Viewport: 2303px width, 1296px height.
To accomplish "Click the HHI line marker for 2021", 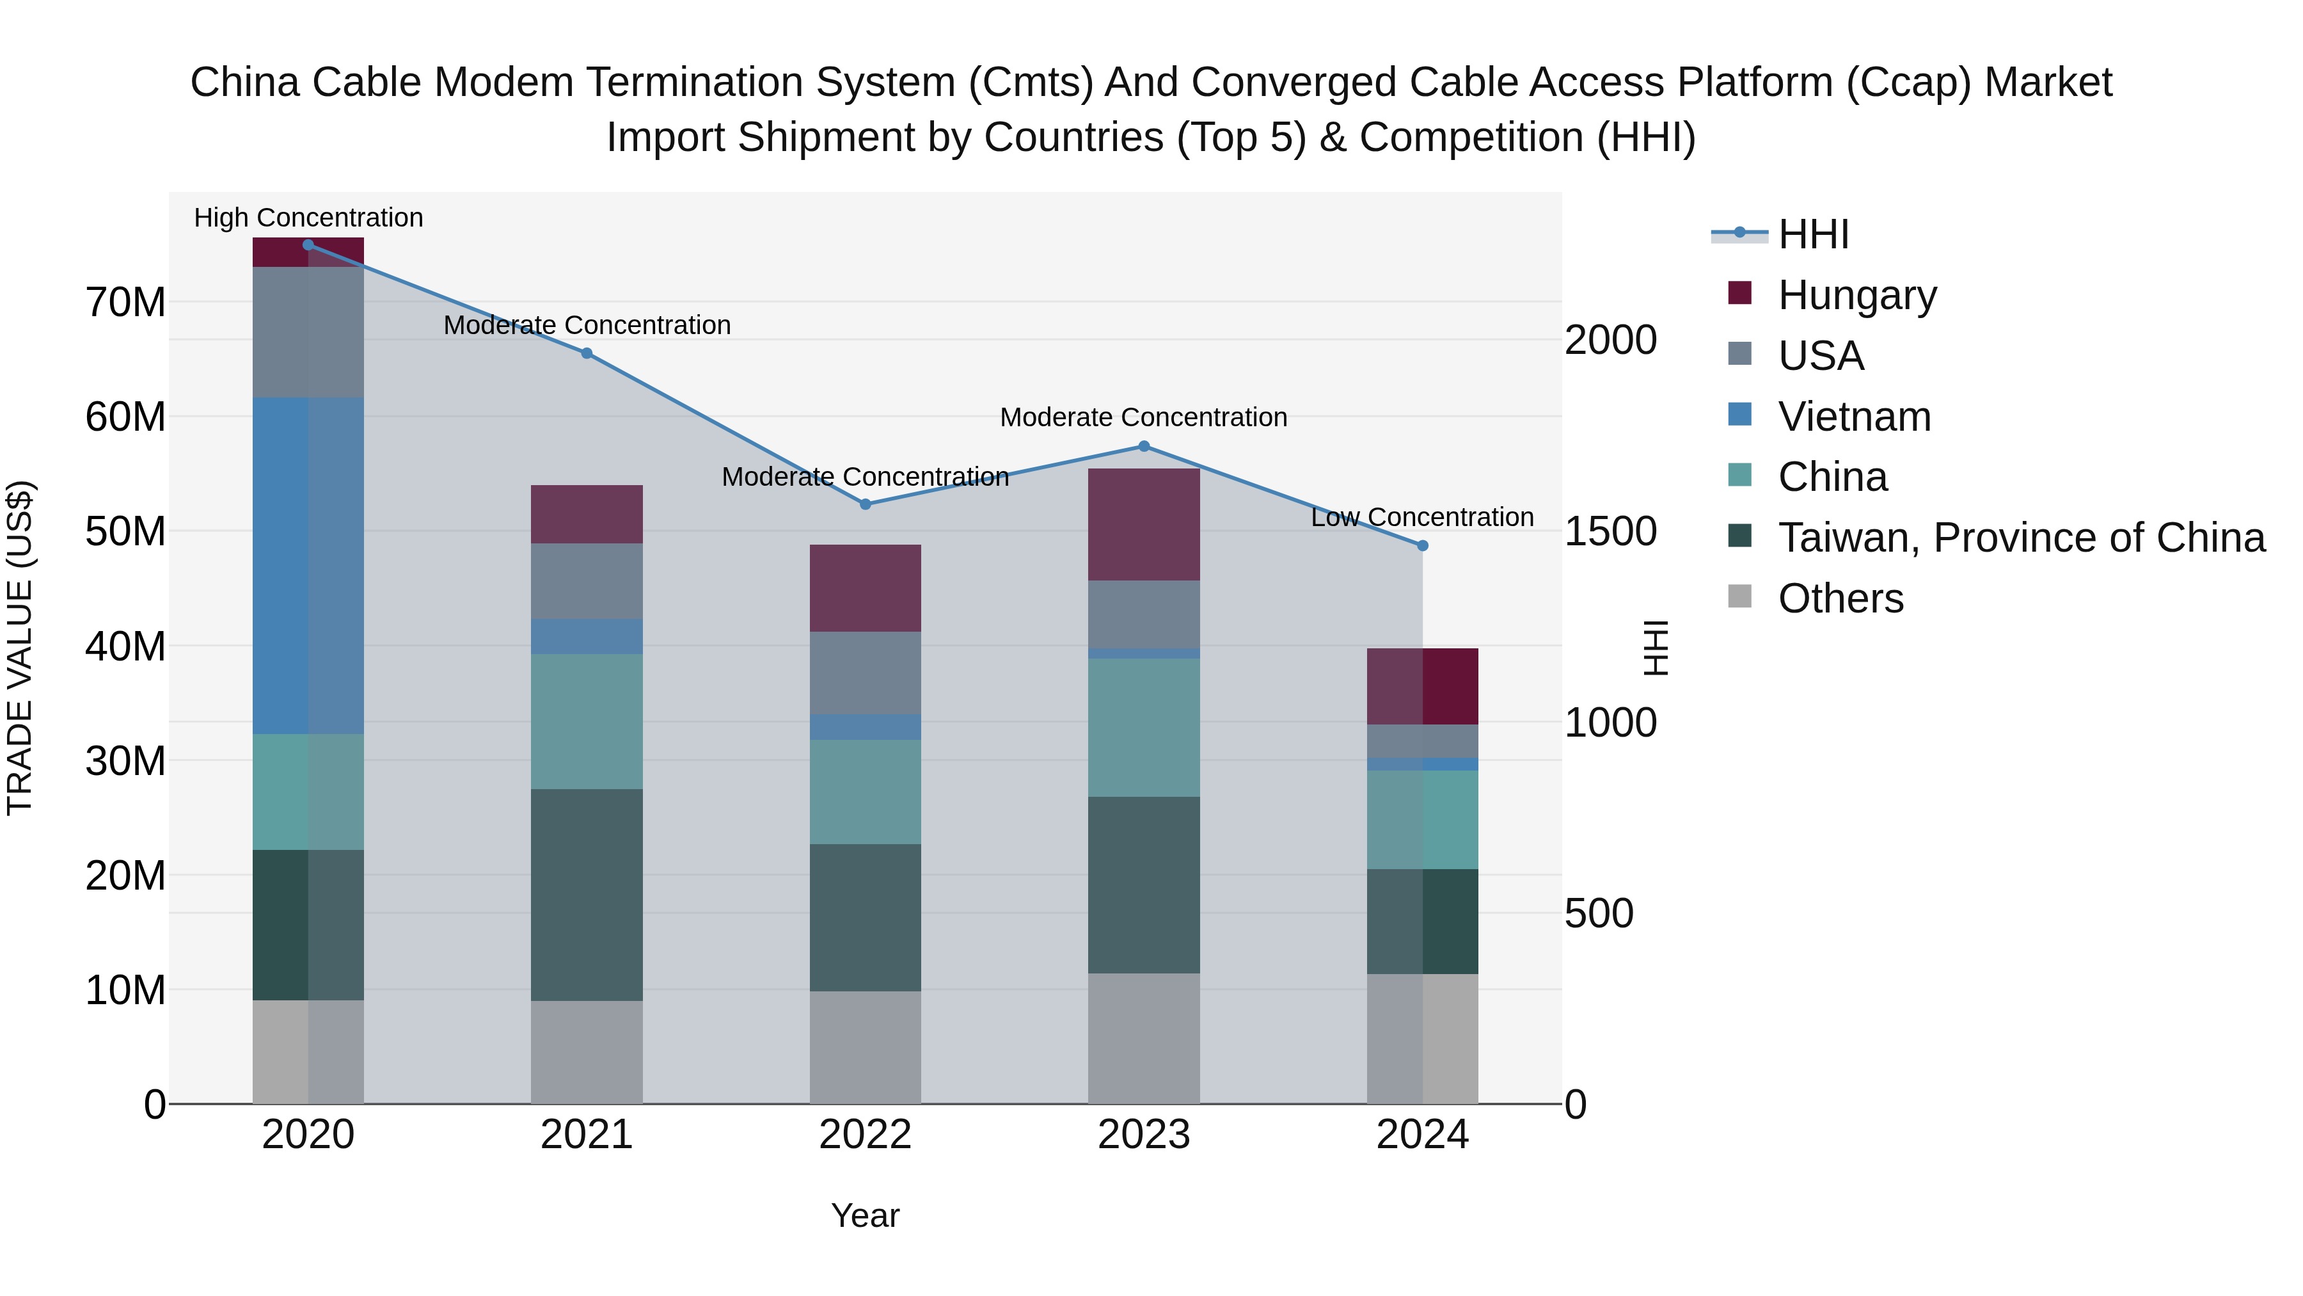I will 587,353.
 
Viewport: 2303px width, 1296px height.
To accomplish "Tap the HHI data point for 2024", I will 1422,545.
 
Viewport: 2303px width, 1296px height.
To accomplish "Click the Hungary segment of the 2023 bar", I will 1143,524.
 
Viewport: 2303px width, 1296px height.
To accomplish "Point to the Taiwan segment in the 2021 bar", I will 587,895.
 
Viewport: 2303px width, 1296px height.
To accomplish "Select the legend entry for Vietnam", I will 1853,417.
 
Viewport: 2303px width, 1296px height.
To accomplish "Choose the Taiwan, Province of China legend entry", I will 2020,538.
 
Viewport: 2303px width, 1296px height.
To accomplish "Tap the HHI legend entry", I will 1812,234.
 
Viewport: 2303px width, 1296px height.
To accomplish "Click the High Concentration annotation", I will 308,218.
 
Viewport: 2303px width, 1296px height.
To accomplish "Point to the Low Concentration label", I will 1421,517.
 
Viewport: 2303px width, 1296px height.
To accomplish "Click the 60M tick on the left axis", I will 125,417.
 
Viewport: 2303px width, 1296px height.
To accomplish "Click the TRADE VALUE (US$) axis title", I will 20,648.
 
